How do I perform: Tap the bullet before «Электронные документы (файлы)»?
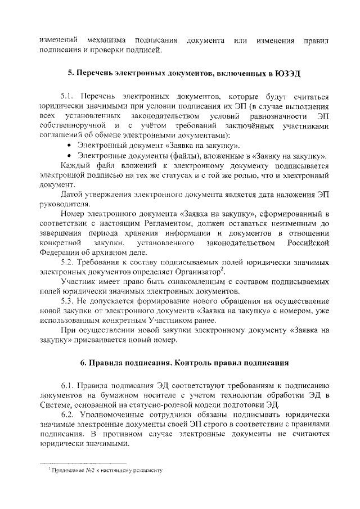point(69,156)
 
